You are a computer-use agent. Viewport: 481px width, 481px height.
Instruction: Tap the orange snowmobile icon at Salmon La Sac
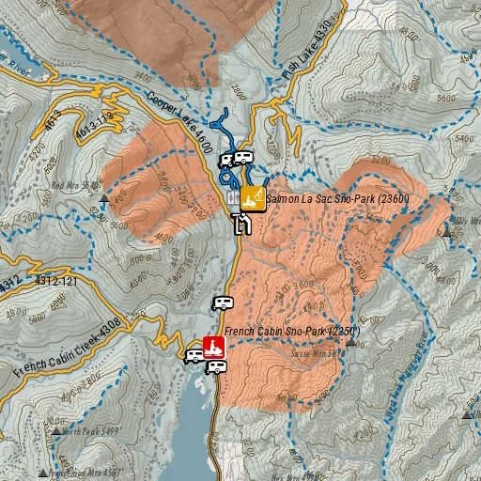coord(251,197)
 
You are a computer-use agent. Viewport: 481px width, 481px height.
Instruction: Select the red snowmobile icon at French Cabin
coord(214,348)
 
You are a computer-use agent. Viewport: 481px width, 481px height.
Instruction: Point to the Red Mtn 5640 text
coord(76,186)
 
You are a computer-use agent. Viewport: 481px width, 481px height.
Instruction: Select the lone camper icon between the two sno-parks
coord(223,303)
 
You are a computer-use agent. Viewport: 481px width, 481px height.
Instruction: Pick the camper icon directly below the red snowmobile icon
coord(216,366)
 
